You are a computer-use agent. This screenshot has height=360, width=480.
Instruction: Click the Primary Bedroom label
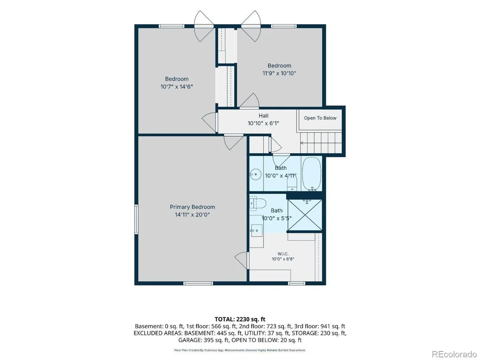coord(192,207)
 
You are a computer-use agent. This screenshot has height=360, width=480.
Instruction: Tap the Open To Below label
coord(320,118)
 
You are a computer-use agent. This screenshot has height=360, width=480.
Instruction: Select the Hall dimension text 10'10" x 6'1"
coord(263,123)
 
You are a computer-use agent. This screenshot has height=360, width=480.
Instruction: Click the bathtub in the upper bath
coord(311,174)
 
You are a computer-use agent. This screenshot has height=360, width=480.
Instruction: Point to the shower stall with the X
coord(305,214)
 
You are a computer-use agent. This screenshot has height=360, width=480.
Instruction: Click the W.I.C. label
coord(283,253)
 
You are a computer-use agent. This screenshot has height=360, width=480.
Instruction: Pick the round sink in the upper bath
coord(255,175)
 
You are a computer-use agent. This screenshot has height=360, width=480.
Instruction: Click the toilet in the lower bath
coord(257,204)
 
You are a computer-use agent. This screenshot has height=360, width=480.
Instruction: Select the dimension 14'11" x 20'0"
coord(192,214)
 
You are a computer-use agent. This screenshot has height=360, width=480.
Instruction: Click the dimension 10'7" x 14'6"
coord(177,87)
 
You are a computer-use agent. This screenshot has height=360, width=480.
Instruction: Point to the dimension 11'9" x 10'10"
coord(279,73)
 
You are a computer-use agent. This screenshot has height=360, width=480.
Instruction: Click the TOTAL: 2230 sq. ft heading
coord(240,319)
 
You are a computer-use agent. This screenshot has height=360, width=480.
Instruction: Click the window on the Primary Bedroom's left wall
coord(136,220)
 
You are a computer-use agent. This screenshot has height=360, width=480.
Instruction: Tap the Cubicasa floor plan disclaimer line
coord(240,350)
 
